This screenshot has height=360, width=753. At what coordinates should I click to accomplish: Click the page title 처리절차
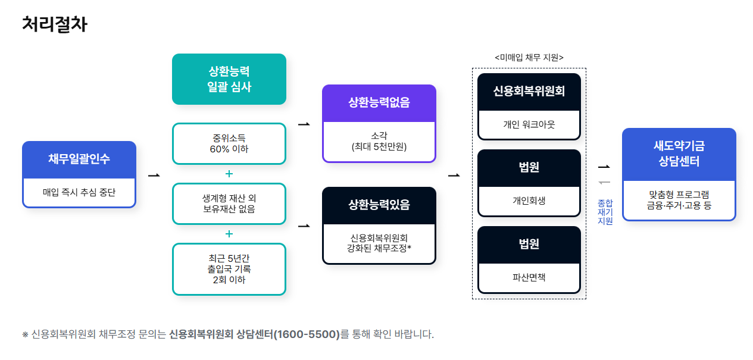point(54,24)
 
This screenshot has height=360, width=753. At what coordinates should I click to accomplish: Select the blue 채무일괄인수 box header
point(79,159)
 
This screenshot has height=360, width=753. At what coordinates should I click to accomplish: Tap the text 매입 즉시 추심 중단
point(79,192)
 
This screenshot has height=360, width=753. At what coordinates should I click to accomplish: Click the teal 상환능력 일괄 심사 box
point(229,79)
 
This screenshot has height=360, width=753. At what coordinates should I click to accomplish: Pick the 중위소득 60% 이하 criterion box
point(229,143)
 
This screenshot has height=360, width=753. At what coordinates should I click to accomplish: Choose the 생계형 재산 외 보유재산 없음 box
point(229,204)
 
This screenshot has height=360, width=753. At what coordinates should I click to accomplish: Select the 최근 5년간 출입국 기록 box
point(229,269)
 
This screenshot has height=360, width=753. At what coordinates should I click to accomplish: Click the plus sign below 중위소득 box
point(229,174)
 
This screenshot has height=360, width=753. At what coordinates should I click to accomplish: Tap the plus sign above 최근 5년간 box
point(229,234)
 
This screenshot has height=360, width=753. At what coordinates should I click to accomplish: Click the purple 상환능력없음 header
point(379,102)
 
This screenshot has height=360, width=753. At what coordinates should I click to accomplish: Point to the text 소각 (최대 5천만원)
point(379,140)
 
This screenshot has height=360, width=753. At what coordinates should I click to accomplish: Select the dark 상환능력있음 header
point(379,205)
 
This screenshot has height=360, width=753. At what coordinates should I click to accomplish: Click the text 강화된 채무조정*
point(379,248)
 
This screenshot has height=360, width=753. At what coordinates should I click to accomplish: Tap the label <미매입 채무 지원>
point(529,57)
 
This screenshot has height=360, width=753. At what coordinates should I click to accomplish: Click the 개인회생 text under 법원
point(529,201)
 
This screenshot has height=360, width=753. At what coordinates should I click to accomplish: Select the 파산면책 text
point(529,277)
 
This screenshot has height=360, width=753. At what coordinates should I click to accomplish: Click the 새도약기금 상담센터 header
point(679,154)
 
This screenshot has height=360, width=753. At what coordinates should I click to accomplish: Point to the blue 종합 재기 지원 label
point(605,212)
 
